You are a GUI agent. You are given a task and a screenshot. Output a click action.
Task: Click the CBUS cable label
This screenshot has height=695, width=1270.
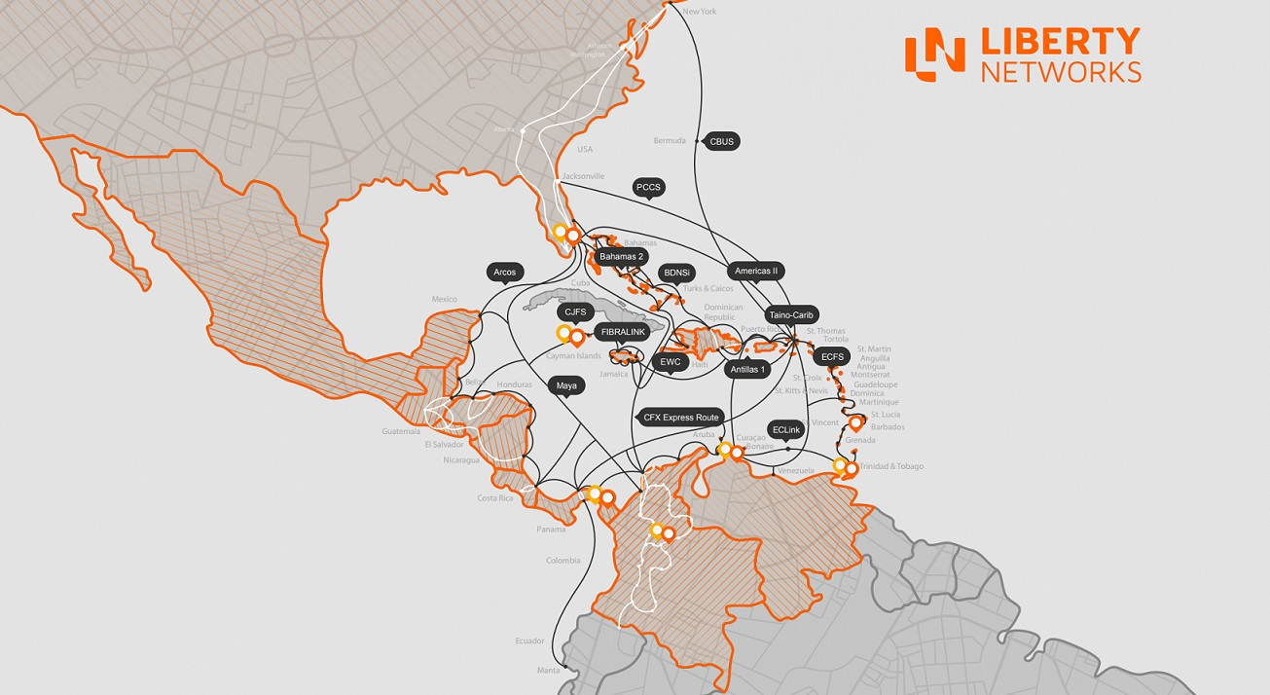721,141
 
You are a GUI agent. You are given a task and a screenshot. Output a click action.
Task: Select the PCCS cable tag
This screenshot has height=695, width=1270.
648,187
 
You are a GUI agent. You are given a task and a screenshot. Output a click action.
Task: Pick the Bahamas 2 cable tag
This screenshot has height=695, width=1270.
622,257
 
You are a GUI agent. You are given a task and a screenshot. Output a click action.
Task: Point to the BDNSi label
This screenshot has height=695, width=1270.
675,274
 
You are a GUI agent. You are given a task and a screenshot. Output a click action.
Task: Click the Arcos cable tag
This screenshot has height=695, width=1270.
505,273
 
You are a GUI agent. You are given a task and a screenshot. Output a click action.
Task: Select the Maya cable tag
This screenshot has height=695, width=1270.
566,385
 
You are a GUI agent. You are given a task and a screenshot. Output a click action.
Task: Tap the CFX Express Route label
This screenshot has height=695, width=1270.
681,417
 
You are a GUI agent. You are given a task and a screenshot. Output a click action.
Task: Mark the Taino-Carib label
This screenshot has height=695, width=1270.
792,315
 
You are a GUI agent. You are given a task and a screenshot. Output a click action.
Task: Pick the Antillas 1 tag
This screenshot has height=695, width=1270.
749,369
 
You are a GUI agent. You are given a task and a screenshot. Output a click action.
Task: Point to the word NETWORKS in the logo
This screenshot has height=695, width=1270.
1061,72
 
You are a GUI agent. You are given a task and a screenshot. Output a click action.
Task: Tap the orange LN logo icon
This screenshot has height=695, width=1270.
933,55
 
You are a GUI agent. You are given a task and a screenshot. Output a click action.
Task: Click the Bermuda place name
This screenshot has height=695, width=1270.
670,141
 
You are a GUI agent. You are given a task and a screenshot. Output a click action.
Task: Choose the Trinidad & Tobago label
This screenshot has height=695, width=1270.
891,466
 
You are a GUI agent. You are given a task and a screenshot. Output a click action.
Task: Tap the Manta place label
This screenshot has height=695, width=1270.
550,670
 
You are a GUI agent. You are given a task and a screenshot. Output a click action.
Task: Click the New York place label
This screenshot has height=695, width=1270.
700,12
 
